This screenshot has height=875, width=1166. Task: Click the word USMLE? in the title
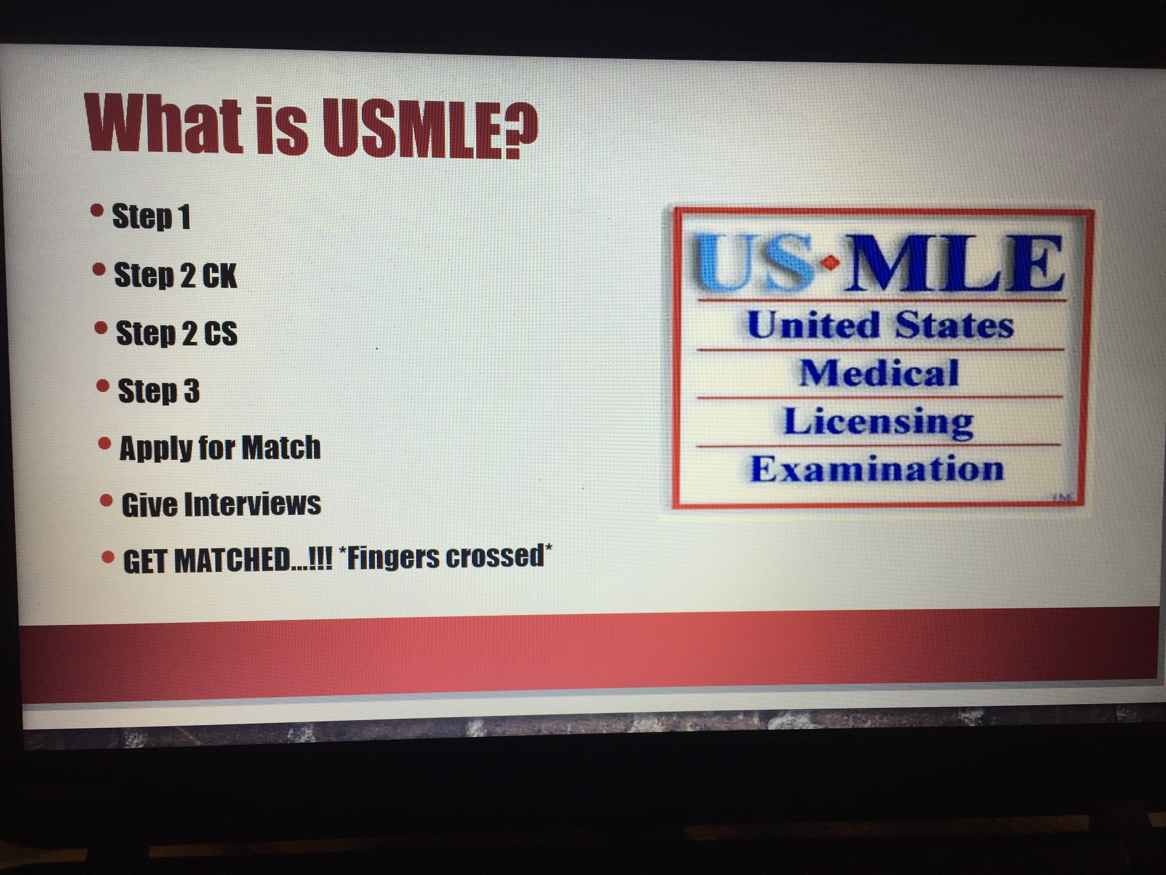430,128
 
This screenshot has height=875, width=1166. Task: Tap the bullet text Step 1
151,216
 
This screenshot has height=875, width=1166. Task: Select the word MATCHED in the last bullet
233,560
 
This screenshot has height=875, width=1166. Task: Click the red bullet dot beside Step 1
97,211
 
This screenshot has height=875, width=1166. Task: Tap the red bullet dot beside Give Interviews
106,500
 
